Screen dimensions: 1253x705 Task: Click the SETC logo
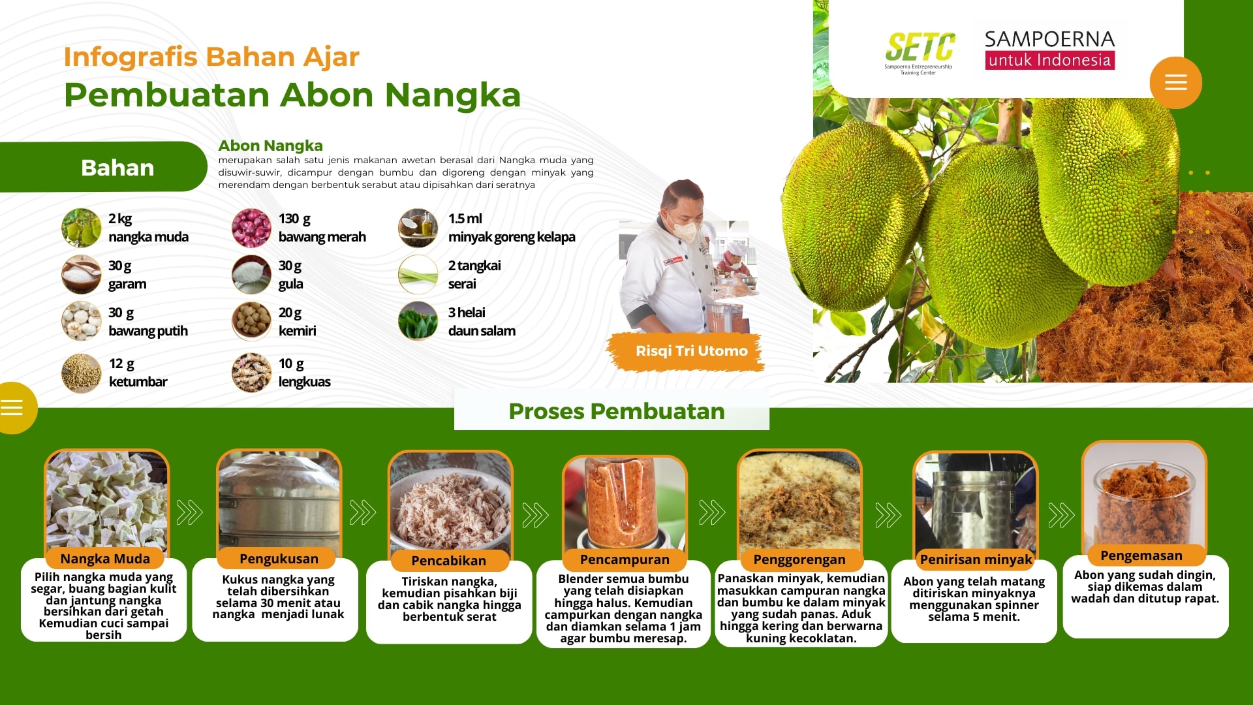pyautogui.click(x=920, y=52)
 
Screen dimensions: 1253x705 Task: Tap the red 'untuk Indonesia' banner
pyautogui.click(x=1049, y=60)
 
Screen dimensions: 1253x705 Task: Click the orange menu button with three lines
pyautogui.click(x=1175, y=83)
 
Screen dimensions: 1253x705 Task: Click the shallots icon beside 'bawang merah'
pyautogui.click(x=251, y=228)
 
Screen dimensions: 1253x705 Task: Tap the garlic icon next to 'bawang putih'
pyautogui.click(x=82, y=321)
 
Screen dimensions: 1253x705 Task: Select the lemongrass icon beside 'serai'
pyautogui.click(x=418, y=274)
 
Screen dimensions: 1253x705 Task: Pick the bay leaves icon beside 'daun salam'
pyautogui.click(x=418, y=321)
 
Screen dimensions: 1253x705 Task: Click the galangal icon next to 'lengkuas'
pyautogui.click(x=251, y=373)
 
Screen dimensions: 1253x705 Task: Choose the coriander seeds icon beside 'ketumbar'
pyautogui.click(x=82, y=373)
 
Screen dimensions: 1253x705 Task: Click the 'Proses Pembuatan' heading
pyautogui.click(x=617, y=411)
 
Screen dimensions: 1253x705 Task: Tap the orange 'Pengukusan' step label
pyautogui.click(x=279, y=559)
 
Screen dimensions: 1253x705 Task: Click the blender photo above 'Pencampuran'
pyautogui.click(x=625, y=503)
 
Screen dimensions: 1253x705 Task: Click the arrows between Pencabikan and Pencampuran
pyautogui.click(x=536, y=515)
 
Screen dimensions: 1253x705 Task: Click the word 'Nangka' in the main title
pyautogui.click(x=452, y=95)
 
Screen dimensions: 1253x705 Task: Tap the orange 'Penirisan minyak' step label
pyautogui.click(x=976, y=559)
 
